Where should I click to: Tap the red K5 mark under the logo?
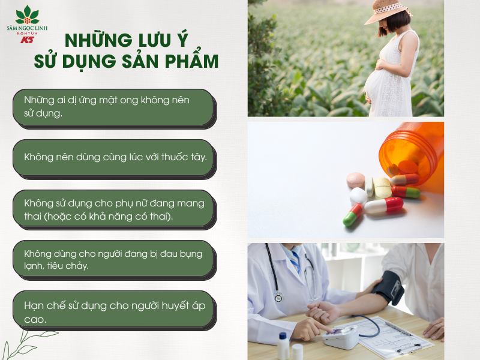(27, 40)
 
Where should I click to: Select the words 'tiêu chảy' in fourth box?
(68, 265)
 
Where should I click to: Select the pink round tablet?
(356, 179)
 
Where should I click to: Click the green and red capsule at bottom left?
(352, 215)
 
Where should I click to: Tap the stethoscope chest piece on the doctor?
(278, 296)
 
